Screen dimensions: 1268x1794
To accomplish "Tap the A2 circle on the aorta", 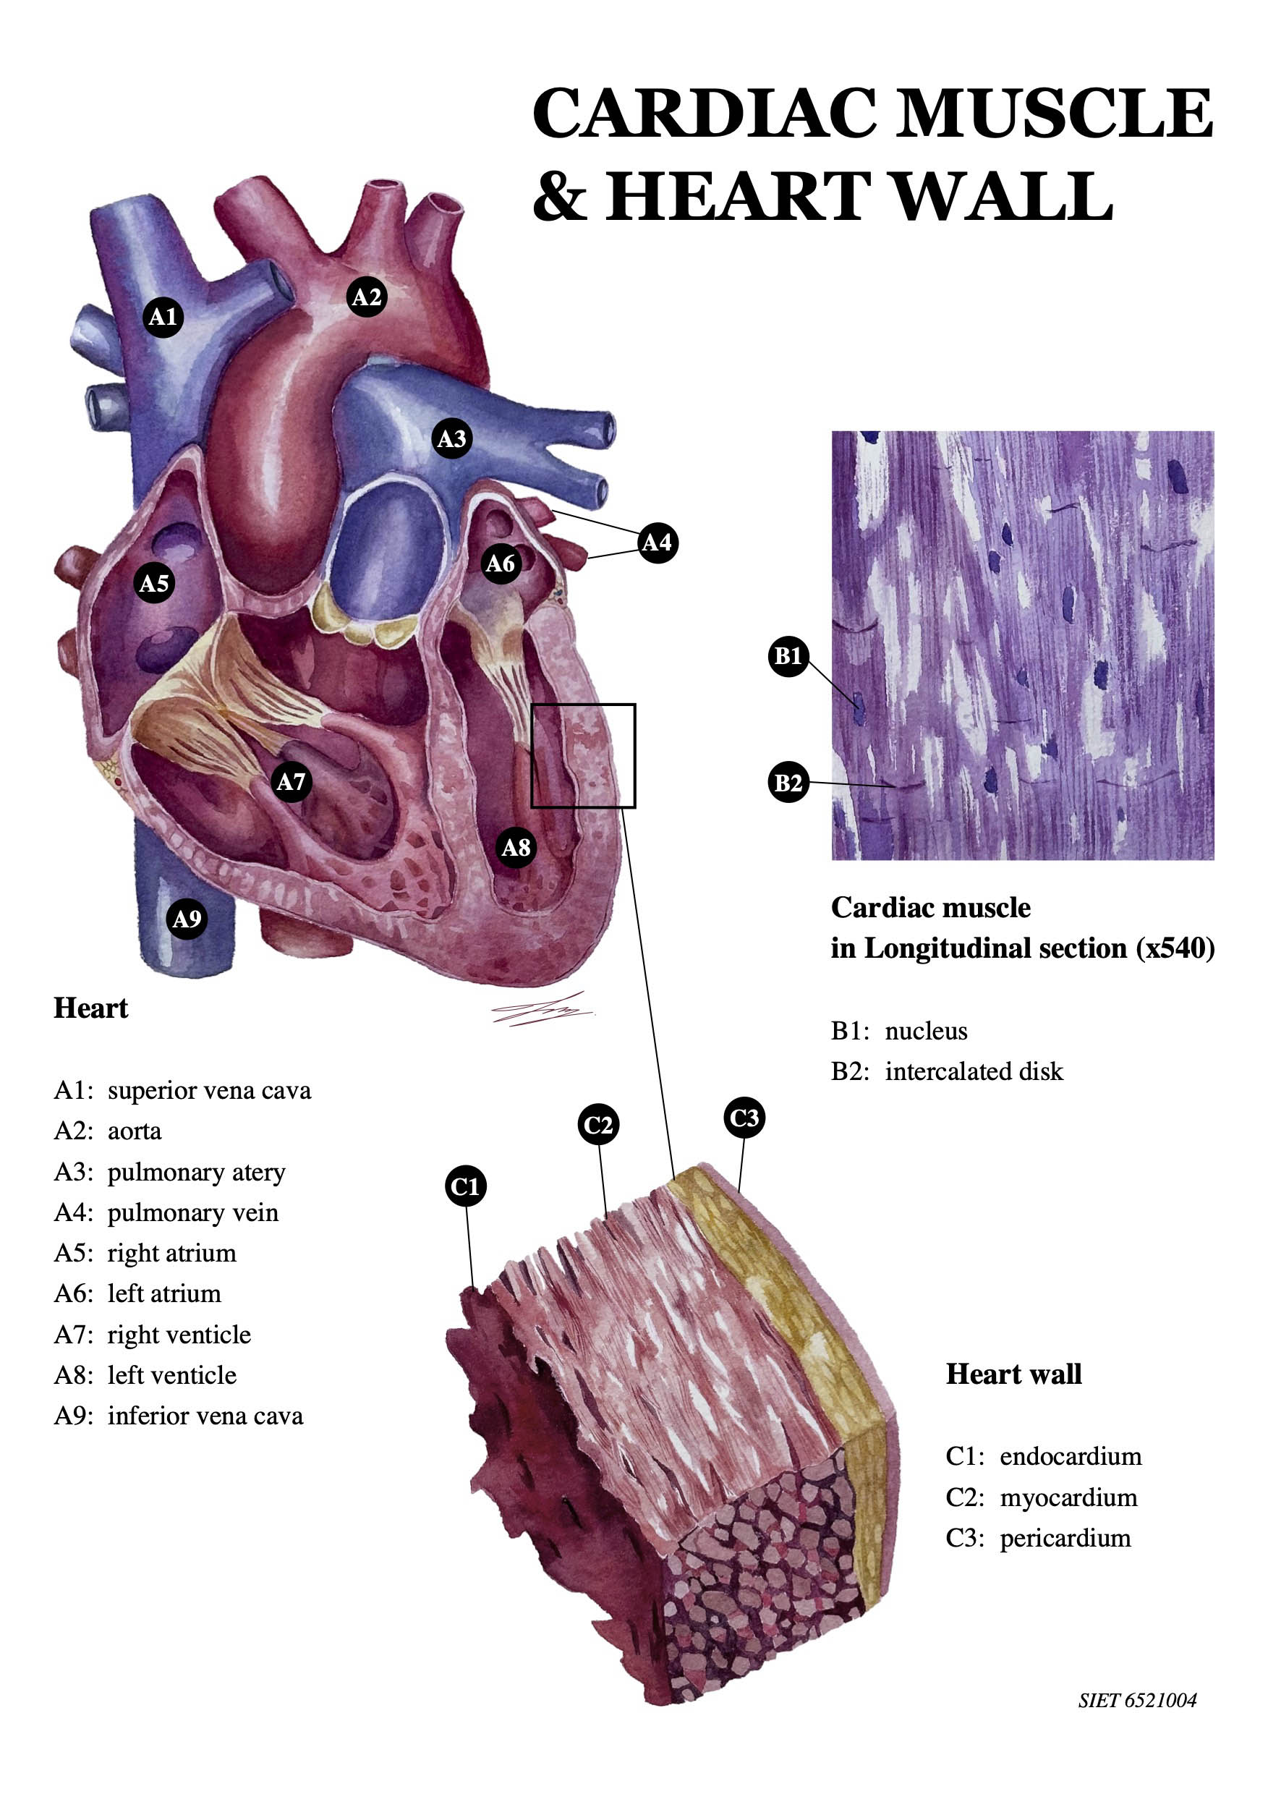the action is click(367, 297).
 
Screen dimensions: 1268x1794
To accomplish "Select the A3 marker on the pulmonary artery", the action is click(451, 438).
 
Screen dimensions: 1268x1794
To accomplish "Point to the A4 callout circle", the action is click(657, 543).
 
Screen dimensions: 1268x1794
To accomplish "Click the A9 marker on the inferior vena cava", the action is click(187, 918).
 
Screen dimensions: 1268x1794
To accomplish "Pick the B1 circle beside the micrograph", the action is click(788, 655).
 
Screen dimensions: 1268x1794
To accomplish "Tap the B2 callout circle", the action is click(788, 782).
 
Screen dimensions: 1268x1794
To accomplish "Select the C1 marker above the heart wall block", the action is click(466, 1187).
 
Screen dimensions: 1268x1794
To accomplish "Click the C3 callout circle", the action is click(744, 1118).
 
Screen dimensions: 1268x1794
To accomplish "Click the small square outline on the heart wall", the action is click(531, 755).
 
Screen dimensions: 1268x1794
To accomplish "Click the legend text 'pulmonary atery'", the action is click(196, 1173).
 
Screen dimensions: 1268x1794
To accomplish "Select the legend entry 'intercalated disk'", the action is click(974, 1071).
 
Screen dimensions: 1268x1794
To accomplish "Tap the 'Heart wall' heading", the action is click(1013, 1374).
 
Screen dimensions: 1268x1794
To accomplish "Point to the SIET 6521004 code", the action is click(1137, 1700).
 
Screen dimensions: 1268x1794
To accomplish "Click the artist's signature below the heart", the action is click(542, 1010).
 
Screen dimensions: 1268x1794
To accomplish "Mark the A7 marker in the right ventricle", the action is click(292, 781).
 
